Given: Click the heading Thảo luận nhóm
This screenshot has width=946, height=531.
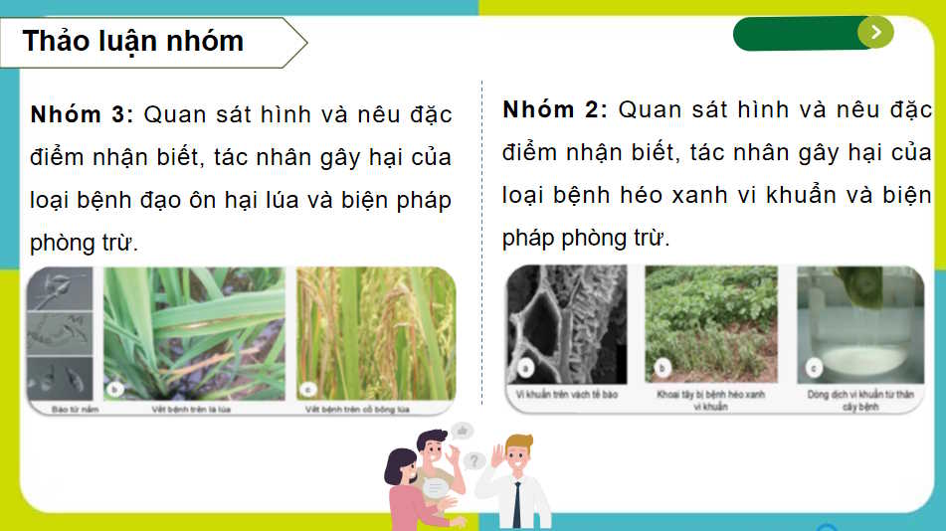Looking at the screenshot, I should [x=132, y=41].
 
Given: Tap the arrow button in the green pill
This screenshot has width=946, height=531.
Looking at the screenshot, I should [x=875, y=32].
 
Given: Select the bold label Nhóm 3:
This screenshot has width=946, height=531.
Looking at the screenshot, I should [x=82, y=114].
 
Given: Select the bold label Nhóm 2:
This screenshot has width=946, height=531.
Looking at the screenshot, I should [x=554, y=109].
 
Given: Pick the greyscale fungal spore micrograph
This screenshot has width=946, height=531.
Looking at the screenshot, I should [x=60, y=334].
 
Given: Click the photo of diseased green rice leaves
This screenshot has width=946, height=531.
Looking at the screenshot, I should [x=195, y=334].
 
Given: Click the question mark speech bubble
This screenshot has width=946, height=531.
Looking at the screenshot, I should [x=474, y=460].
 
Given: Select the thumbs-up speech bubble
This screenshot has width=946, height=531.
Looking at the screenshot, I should [x=462, y=431].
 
